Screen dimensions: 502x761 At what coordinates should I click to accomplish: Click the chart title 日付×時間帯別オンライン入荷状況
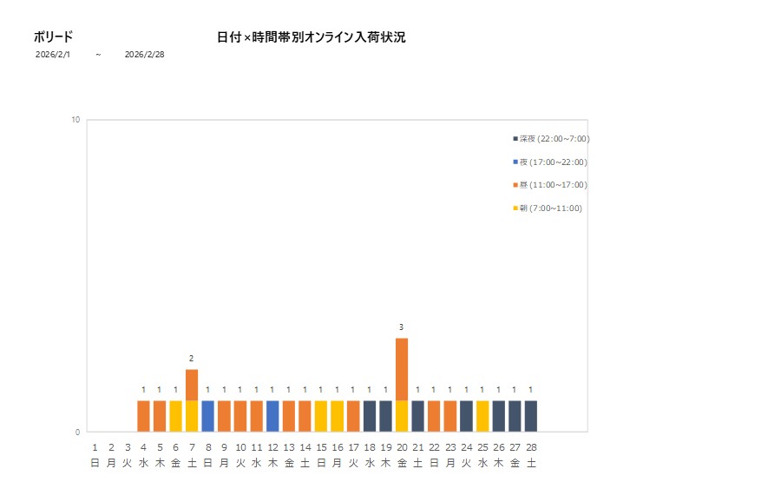(x=311, y=37)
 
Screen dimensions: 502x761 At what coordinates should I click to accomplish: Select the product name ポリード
(x=53, y=36)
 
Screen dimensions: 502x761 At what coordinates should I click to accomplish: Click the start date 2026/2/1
(x=52, y=54)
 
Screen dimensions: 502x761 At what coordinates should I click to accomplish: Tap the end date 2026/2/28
(x=144, y=54)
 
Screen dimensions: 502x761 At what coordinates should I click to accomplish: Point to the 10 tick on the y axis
(x=75, y=120)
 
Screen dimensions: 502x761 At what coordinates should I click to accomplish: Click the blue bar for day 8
(x=208, y=416)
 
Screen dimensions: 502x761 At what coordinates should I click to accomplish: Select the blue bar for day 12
(x=272, y=416)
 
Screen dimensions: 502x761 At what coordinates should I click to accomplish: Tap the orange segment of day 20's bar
(x=402, y=369)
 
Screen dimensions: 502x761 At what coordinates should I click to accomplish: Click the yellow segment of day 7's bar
(x=192, y=416)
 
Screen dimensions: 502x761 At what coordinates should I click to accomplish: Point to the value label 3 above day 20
(x=401, y=327)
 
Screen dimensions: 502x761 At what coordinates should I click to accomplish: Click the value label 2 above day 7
(x=191, y=359)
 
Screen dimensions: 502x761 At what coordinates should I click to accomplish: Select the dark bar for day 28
(x=531, y=416)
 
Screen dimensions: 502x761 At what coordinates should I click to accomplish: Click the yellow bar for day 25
(x=482, y=416)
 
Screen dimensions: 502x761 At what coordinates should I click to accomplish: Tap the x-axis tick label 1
(x=95, y=447)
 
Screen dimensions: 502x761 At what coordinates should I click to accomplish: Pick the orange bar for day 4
(x=143, y=416)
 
